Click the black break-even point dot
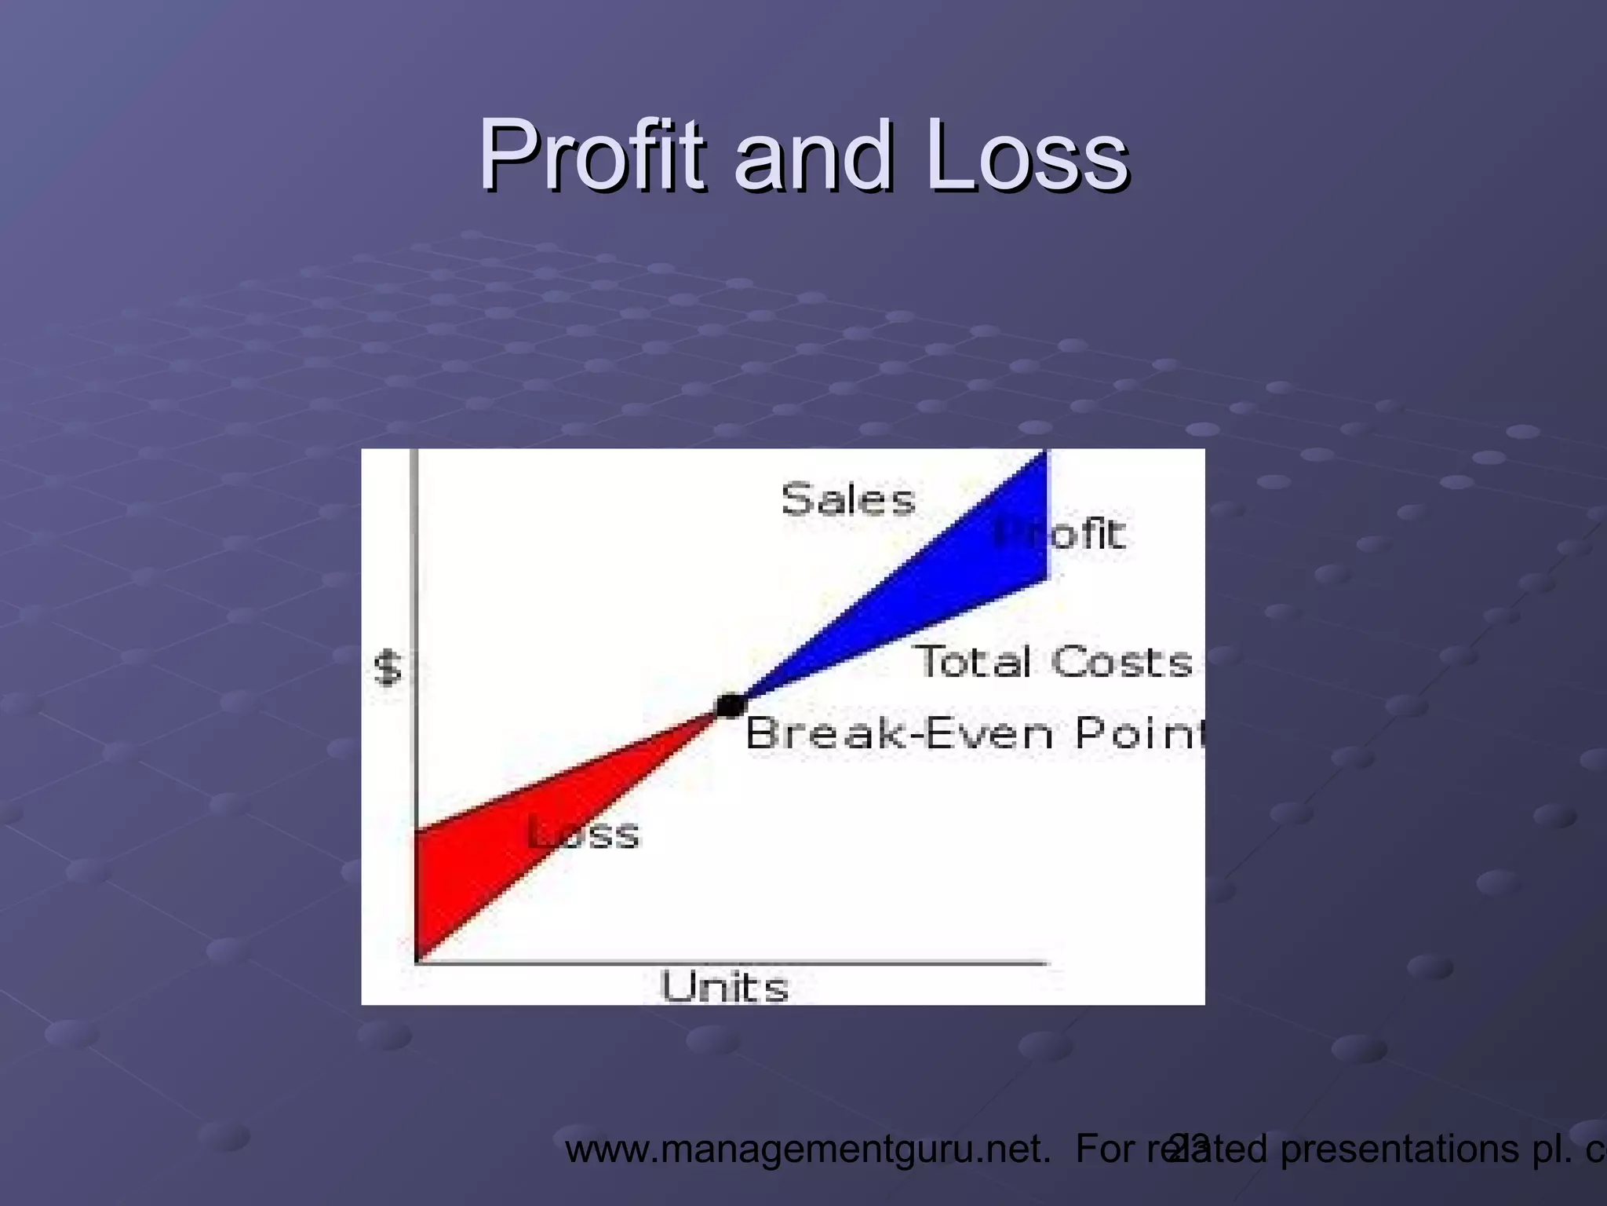[731, 705]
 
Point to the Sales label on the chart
[848, 499]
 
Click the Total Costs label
[1055, 661]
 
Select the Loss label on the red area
[585, 833]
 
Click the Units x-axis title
[723, 987]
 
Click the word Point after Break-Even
[1138, 733]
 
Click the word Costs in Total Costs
[1122, 661]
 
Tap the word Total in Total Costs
[974, 661]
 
